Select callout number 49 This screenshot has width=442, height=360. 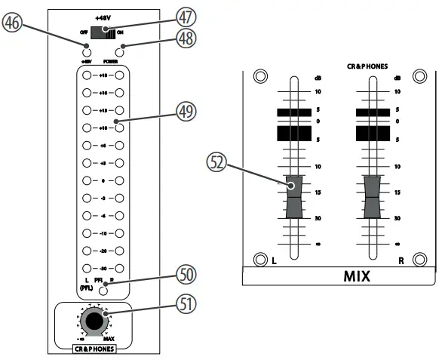point(186,111)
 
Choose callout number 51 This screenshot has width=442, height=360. point(186,306)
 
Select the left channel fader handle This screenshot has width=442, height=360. point(292,196)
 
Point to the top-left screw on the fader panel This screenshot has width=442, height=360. point(260,76)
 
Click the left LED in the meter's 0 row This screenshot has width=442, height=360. point(87,181)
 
